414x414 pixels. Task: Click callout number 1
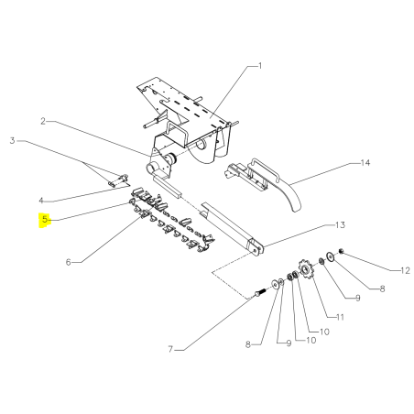coord(260,66)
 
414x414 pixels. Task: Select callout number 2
coord(43,121)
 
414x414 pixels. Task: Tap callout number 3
coord(12,141)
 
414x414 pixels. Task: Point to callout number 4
coord(41,201)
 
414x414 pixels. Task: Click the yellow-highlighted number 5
coord(45,219)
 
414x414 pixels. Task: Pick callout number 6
coord(69,262)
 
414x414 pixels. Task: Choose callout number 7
coord(170,349)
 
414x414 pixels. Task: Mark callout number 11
coord(340,317)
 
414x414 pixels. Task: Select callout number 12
coord(405,270)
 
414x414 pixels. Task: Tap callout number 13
coord(340,225)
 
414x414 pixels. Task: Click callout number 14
coord(365,163)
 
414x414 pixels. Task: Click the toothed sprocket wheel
coord(304,268)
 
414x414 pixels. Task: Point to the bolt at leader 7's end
coord(258,293)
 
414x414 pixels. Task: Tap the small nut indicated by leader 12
coord(342,251)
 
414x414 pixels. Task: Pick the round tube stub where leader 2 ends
coord(150,169)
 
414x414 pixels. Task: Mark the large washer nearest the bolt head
coord(276,285)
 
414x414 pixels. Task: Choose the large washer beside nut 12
coord(331,256)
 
